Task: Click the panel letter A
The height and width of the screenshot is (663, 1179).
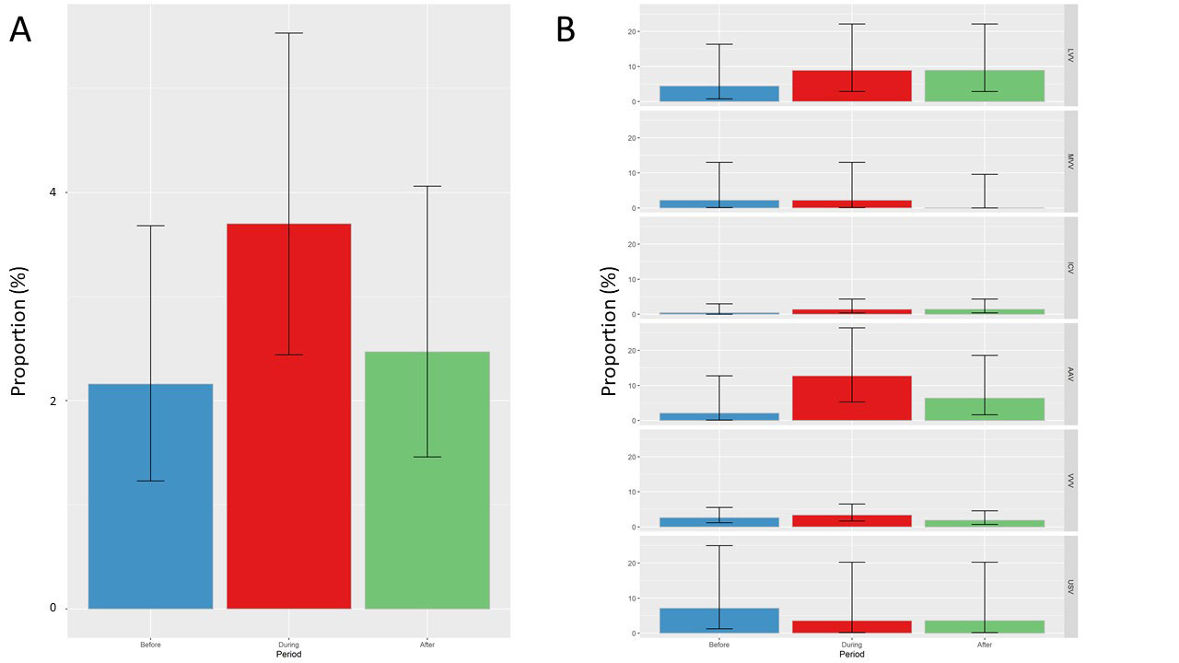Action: [20, 31]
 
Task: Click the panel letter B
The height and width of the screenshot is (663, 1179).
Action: [565, 31]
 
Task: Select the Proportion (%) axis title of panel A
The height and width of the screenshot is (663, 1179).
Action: [19, 331]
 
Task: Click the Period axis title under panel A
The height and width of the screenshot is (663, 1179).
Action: [288, 655]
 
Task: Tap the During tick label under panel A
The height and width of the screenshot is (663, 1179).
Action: [288, 645]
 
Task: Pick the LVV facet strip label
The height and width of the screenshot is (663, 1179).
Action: [1071, 55]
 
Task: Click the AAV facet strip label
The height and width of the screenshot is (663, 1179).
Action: [1071, 373]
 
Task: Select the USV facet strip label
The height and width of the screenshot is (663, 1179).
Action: [1071, 586]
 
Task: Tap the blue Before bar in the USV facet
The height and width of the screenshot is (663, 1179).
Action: [718, 621]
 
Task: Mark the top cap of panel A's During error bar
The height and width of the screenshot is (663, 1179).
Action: [288, 33]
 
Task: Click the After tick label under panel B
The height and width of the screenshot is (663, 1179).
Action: [984, 645]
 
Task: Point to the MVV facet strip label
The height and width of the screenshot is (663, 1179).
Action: [1071, 161]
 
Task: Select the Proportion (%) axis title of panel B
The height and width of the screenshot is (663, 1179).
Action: [609, 331]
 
